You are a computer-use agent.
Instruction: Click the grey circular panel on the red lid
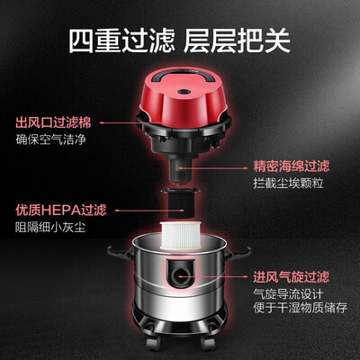pos(186,82)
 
